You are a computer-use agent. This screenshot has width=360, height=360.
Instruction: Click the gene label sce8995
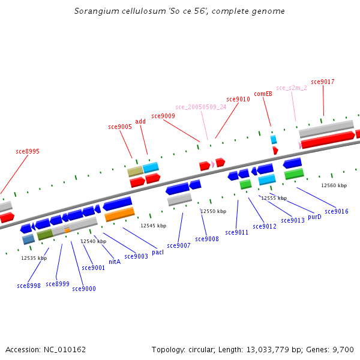28,152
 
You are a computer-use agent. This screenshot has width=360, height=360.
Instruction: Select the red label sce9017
323,82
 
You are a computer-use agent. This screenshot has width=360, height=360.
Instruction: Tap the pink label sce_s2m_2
292,88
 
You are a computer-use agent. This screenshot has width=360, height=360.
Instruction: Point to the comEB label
263,94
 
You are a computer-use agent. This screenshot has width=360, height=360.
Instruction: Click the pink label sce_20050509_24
201,107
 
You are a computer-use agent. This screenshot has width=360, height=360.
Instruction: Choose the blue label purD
314,217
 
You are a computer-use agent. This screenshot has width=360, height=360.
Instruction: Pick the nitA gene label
115,262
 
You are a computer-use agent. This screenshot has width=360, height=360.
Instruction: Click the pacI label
158,252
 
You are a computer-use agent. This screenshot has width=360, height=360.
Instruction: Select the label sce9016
337,212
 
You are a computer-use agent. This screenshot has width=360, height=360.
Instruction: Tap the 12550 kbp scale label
214,212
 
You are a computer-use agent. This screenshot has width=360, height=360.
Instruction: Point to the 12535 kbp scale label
34,259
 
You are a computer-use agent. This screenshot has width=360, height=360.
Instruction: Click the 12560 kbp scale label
334,186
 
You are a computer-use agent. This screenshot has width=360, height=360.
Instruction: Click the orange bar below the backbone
119,214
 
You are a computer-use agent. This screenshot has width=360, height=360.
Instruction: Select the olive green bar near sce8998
45,235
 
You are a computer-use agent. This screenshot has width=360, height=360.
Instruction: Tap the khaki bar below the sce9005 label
135,172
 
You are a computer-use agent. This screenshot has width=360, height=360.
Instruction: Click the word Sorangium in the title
94,11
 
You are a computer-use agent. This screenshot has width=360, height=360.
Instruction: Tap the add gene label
140,122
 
